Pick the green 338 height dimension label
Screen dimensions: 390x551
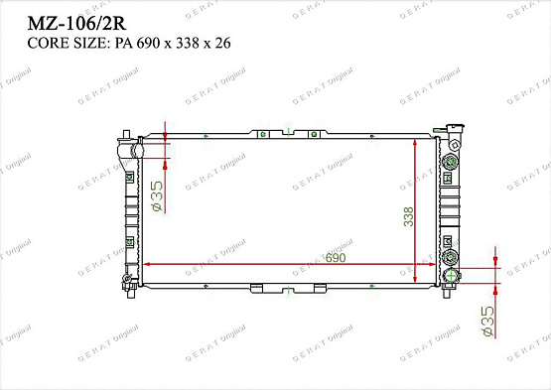pos(408,216)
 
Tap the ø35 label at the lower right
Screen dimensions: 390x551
pos(487,320)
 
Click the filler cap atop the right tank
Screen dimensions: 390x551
pos(453,132)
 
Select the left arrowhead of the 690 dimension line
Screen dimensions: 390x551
pos(148,265)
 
